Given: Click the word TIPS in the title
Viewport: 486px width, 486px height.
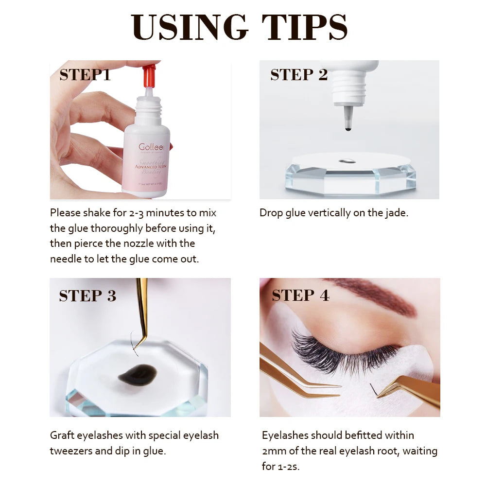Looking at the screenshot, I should coord(305,27).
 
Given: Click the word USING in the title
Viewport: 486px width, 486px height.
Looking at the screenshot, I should coord(190,27).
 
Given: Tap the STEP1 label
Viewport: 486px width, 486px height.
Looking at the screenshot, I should coord(85,75).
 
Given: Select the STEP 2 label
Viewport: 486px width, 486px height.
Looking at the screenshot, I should coord(299,75).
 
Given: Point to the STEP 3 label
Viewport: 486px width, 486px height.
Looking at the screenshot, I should coord(87,295).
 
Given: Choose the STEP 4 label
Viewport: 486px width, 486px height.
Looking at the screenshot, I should coord(300,295).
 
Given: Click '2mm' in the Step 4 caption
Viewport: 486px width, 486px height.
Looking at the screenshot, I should coord(274,451).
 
